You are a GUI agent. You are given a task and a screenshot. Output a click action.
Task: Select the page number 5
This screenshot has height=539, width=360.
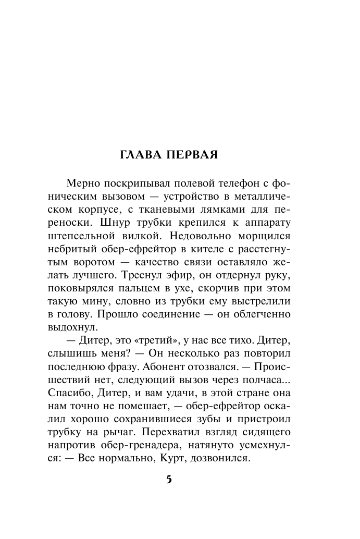(169, 479)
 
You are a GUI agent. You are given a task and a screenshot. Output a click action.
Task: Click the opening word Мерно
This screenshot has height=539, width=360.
(85, 183)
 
